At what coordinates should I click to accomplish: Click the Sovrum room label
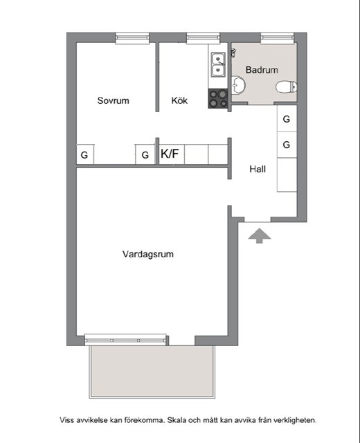click(113, 100)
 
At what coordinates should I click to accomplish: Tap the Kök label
click(179, 100)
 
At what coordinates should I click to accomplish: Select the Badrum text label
click(262, 70)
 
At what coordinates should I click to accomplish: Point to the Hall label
click(258, 169)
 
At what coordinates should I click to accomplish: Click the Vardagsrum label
click(147, 254)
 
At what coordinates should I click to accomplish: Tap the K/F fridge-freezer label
click(170, 154)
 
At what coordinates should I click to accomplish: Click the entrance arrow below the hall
click(260, 236)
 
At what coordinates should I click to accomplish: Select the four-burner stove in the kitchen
click(218, 98)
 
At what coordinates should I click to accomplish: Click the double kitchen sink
click(219, 65)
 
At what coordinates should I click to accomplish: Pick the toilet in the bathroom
click(286, 87)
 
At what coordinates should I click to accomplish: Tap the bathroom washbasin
click(238, 85)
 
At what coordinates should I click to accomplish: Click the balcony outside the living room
click(152, 372)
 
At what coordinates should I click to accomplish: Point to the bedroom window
click(132, 38)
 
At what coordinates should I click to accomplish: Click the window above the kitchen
click(203, 38)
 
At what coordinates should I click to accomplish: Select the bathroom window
click(277, 38)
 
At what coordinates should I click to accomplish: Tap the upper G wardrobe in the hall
click(287, 118)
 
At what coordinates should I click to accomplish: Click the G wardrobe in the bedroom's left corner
click(84, 154)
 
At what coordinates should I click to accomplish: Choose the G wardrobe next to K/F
click(145, 154)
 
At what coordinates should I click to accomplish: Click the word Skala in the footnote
click(177, 420)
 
